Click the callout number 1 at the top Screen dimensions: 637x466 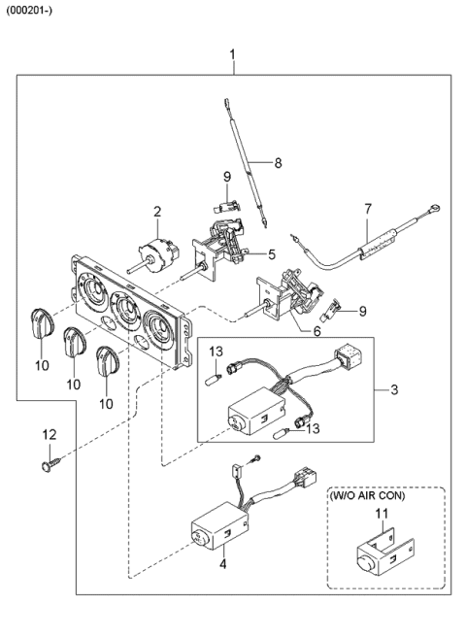point(232,51)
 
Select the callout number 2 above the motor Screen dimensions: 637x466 point(155,210)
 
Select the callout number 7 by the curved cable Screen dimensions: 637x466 point(367,208)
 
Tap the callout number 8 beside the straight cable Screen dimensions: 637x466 point(278,162)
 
